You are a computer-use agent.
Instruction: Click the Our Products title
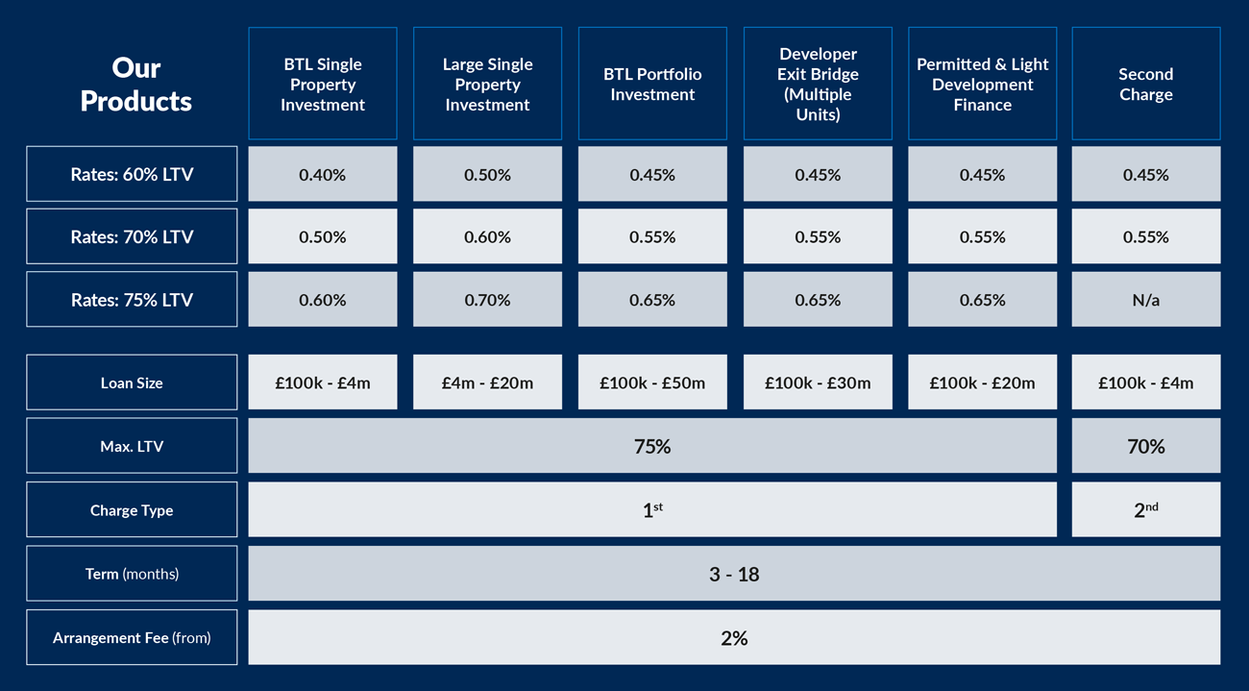(x=135, y=85)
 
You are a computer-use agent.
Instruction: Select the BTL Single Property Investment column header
(x=322, y=85)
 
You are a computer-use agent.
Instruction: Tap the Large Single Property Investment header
(x=487, y=85)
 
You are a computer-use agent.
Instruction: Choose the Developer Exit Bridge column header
(x=818, y=85)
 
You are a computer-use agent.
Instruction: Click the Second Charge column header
(x=1145, y=85)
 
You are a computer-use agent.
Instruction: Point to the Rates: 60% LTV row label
(x=132, y=175)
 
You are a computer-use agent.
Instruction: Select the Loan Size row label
(x=132, y=383)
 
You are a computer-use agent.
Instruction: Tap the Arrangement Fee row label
(x=132, y=637)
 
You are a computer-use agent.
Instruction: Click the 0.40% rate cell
(x=322, y=175)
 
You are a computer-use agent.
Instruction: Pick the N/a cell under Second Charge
(x=1145, y=300)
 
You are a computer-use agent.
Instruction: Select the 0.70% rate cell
(x=487, y=300)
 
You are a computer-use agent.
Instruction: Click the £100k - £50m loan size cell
(x=652, y=383)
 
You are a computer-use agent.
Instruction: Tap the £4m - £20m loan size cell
(x=487, y=383)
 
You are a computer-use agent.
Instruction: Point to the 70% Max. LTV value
(x=1145, y=446)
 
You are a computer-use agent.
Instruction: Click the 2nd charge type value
(x=1145, y=510)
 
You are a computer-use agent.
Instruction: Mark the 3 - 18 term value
(x=734, y=574)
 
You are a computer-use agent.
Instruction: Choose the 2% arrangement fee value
(x=734, y=637)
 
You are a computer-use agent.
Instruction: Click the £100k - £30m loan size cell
(x=818, y=383)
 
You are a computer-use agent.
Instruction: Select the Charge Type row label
(x=132, y=510)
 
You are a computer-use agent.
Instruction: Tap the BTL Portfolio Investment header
(x=652, y=85)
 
